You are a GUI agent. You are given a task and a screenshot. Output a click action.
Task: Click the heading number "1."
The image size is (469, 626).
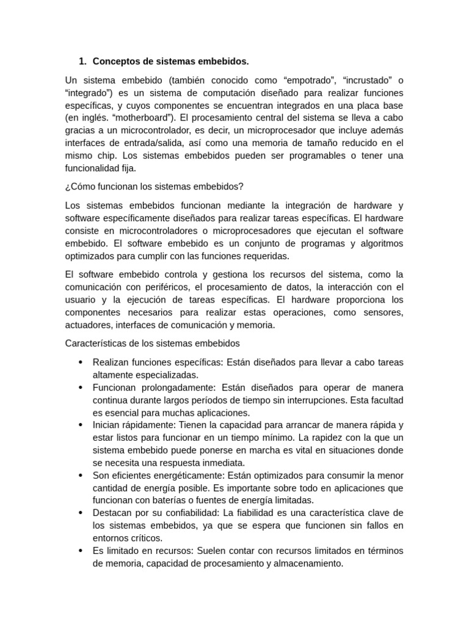click(83, 61)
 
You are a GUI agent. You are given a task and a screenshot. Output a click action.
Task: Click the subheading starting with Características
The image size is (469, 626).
click(153, 343)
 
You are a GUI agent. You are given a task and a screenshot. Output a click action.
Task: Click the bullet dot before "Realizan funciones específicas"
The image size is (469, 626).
click(81, 362)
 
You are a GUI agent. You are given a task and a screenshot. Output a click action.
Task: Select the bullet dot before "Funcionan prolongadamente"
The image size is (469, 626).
click(81, 388)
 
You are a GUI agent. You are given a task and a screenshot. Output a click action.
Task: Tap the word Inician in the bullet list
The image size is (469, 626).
click(107, 425)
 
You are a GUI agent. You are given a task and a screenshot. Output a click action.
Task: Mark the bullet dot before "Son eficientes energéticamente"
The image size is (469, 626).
click(81, 475)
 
